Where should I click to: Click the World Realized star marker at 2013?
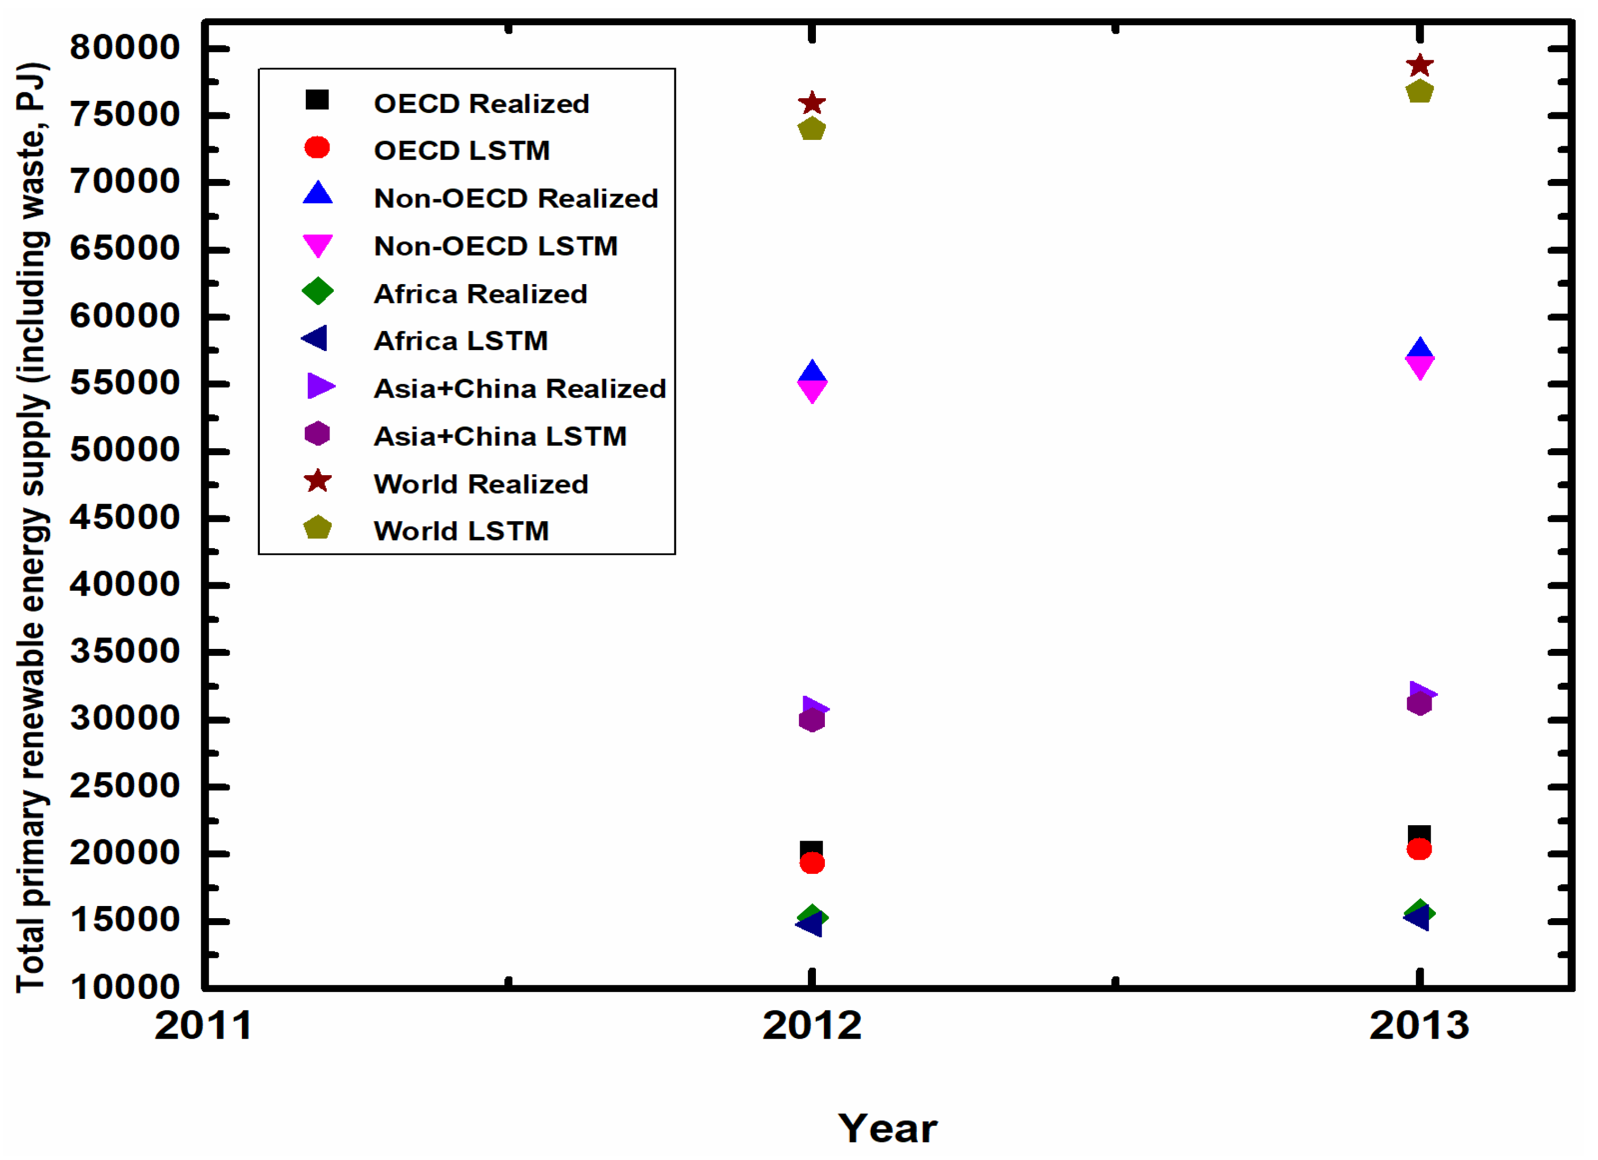1419,65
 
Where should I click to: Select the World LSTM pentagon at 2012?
812,129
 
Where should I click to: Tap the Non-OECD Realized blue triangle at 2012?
812,372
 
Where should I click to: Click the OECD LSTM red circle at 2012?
812,863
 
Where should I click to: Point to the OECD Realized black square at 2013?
1419,835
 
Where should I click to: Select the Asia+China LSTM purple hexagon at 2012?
812,720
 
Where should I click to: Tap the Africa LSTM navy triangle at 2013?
1417,918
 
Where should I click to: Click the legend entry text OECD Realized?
481,104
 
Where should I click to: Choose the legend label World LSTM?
462,531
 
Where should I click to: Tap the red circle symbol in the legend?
317,147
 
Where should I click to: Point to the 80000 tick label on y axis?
125,48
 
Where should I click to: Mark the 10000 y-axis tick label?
125,987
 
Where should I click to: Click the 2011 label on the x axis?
203,1026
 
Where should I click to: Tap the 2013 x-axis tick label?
1419,1026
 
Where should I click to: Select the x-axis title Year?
887,1129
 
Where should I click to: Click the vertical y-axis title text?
32,528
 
